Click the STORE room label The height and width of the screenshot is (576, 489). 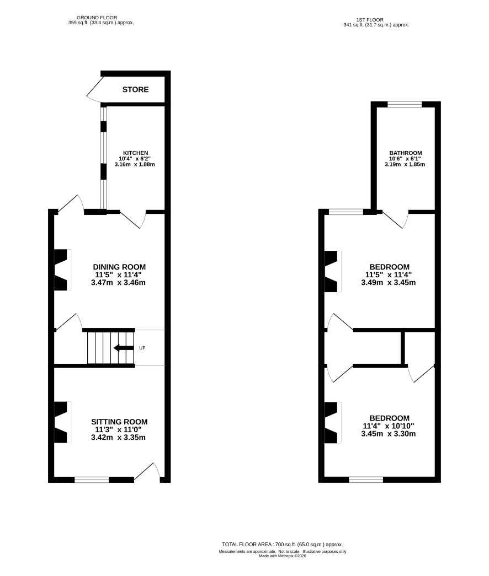click(x=135, y=90)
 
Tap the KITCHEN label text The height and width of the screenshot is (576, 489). click(x=135, y=153)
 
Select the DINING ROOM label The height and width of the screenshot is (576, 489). click(x=119, y=267)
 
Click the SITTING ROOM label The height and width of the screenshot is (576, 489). click(x=119, y=422)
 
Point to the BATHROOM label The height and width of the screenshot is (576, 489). click(x=406, y=153)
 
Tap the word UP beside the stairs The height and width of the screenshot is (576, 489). click(x=142, y=348)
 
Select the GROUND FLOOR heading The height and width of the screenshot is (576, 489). click(x=97, y=17)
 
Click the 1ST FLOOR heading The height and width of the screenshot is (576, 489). click(x=370, y=20)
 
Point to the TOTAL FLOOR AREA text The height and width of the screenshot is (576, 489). click(x=283, y=545)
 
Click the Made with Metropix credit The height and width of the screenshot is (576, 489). click(x=283, y=556)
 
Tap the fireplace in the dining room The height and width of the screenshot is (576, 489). click(x=62, y=270)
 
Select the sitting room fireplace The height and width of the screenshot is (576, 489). click(x=62, y=422)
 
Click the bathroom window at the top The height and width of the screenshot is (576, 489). click(x=405, y=104)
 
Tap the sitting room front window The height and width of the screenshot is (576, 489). click(x=92, y=480)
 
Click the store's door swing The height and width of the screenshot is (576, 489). click(x=95, y=89)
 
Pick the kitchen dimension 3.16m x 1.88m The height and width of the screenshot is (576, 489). click(x=135, y=165)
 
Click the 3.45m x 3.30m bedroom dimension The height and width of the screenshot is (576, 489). click(x=389, y=434)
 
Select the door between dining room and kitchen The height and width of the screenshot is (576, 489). click(x=133, y=220)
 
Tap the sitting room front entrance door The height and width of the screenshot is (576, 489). click(x=147, y=472)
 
